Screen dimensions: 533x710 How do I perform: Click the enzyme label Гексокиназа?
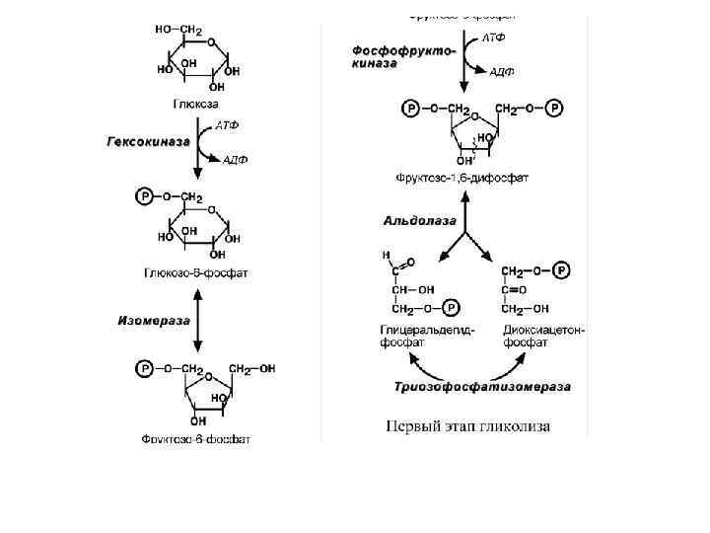point(148,142)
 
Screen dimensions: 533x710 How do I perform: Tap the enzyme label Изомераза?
point(151,320)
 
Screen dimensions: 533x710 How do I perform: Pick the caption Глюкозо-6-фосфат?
point(195,273)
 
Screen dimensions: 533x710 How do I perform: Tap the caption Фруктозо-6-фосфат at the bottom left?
point(195,438)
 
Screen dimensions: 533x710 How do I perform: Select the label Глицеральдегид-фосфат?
point(426,337)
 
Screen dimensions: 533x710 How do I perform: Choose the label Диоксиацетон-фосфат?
point(543,337)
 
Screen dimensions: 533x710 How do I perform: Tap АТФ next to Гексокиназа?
point(227,125)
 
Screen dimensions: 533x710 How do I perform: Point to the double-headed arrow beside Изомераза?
point(197,320)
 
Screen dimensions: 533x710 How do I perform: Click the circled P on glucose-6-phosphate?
point(145,197)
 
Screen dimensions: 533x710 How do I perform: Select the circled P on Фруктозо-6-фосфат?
point(145,368)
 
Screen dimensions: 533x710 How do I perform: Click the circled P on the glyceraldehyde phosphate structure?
point(451,308)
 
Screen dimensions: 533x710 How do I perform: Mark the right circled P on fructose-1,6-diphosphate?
point(556,108)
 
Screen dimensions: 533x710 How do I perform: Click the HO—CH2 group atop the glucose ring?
point(178,32)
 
